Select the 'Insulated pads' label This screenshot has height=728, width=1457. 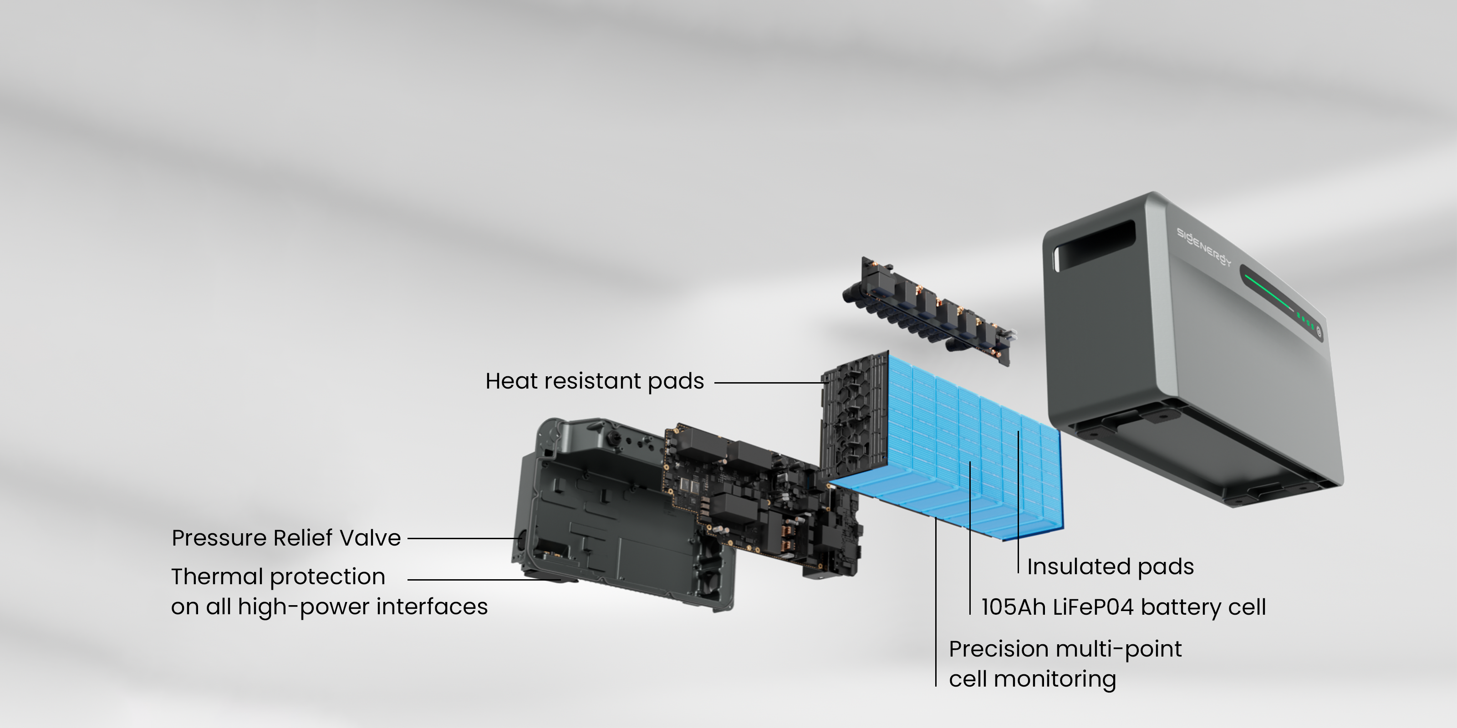[x=1111, y=567]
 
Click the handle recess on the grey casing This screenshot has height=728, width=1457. [x=1095, y=244]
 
